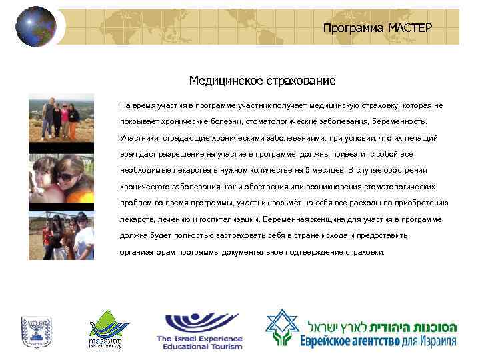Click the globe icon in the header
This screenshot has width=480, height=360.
pyautogui.click(x=37, y=27)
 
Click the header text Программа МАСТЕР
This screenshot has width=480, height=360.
pyautogui.click(x=377, y=27)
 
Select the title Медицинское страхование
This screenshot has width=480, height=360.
pyautogui.click(x=262, y=81)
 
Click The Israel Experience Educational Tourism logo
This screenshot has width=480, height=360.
pyautogui.click(x=200, y=331)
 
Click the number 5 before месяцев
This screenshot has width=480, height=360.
pyautogui.click(x=307, y=170)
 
